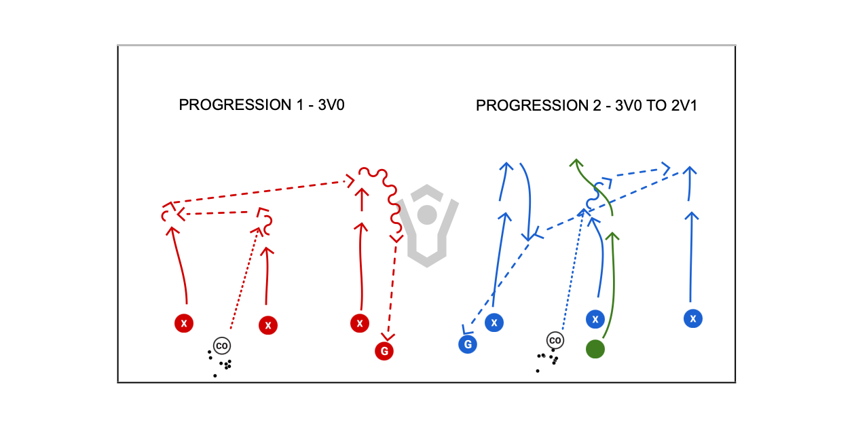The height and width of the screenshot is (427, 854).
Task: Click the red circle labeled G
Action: (x=384, y=351)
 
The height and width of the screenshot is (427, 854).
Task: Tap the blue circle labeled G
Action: (x=467, y=344)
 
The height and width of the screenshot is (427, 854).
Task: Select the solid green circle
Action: (x=595, y=349)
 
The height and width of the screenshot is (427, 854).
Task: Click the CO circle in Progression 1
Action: (x=221, y=346)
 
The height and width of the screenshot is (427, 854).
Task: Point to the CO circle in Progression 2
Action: (x=555, y=340)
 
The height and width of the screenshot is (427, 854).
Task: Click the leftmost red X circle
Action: (x=183, y=323)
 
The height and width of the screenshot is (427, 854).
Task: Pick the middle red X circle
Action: (x=268, y=325)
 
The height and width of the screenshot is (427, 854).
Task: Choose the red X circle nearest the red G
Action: (x=360, y=322)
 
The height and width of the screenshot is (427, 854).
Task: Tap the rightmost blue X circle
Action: (x=693, y=318)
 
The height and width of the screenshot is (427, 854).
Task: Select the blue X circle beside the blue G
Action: (x=494, y=322)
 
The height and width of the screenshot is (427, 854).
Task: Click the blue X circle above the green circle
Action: (x=595, y=318)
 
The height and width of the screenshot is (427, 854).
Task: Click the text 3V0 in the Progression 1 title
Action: (x=331, y=105)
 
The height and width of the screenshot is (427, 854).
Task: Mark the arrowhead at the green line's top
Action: (x=576, y=162)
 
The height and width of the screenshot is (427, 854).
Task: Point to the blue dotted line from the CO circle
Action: (x=572, y=272)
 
